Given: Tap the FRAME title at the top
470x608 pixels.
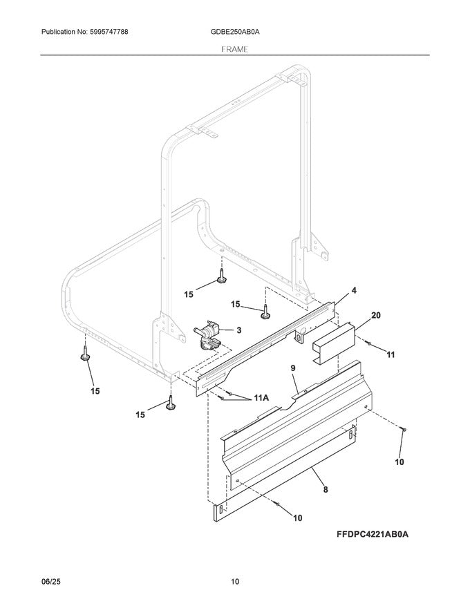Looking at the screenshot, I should pos(235,49).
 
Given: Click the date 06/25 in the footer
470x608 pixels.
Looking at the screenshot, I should pos(50,582).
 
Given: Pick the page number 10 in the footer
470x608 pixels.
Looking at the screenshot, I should pos(235,582).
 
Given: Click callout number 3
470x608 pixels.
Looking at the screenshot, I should pos(239,330).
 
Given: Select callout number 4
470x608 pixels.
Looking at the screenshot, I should pos(353,291).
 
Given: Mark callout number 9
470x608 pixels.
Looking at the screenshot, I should pos(293,370).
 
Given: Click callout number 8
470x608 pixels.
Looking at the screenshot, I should pos(325,489).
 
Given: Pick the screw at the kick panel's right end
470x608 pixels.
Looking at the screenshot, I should pos(402,430).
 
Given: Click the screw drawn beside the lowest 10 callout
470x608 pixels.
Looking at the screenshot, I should pos(277,506).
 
